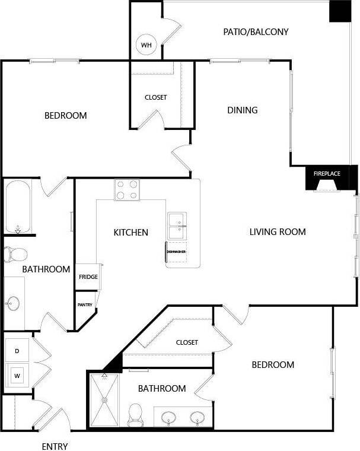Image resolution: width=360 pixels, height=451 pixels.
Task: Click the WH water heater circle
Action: pos(145,45)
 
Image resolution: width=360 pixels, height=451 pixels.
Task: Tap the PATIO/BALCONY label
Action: pos(256,31)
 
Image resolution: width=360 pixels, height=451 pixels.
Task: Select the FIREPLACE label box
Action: pos(327,173)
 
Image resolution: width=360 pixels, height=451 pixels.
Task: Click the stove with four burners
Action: pos(127,190)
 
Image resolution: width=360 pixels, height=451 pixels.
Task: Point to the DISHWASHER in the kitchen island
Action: pos(176,252)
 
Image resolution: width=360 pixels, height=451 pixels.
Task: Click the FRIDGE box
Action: pos(88,277)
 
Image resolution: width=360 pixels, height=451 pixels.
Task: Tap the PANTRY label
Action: pos(85,304)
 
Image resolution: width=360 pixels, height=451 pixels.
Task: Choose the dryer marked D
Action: pos(17,351)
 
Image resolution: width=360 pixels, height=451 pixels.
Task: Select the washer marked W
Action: pos(17,375)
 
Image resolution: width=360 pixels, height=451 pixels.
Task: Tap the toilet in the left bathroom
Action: pos(15,255)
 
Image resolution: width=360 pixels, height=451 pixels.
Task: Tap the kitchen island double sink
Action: pos(177,225)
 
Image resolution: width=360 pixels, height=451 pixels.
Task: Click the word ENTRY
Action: pos(55,446)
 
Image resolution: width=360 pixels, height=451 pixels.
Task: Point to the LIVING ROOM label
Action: pos(278,231)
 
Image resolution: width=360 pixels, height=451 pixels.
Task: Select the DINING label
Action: pos(243,110)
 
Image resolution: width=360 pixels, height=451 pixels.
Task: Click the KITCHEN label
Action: pos(130,232)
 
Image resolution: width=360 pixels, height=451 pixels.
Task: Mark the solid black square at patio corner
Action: pos(340,11)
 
